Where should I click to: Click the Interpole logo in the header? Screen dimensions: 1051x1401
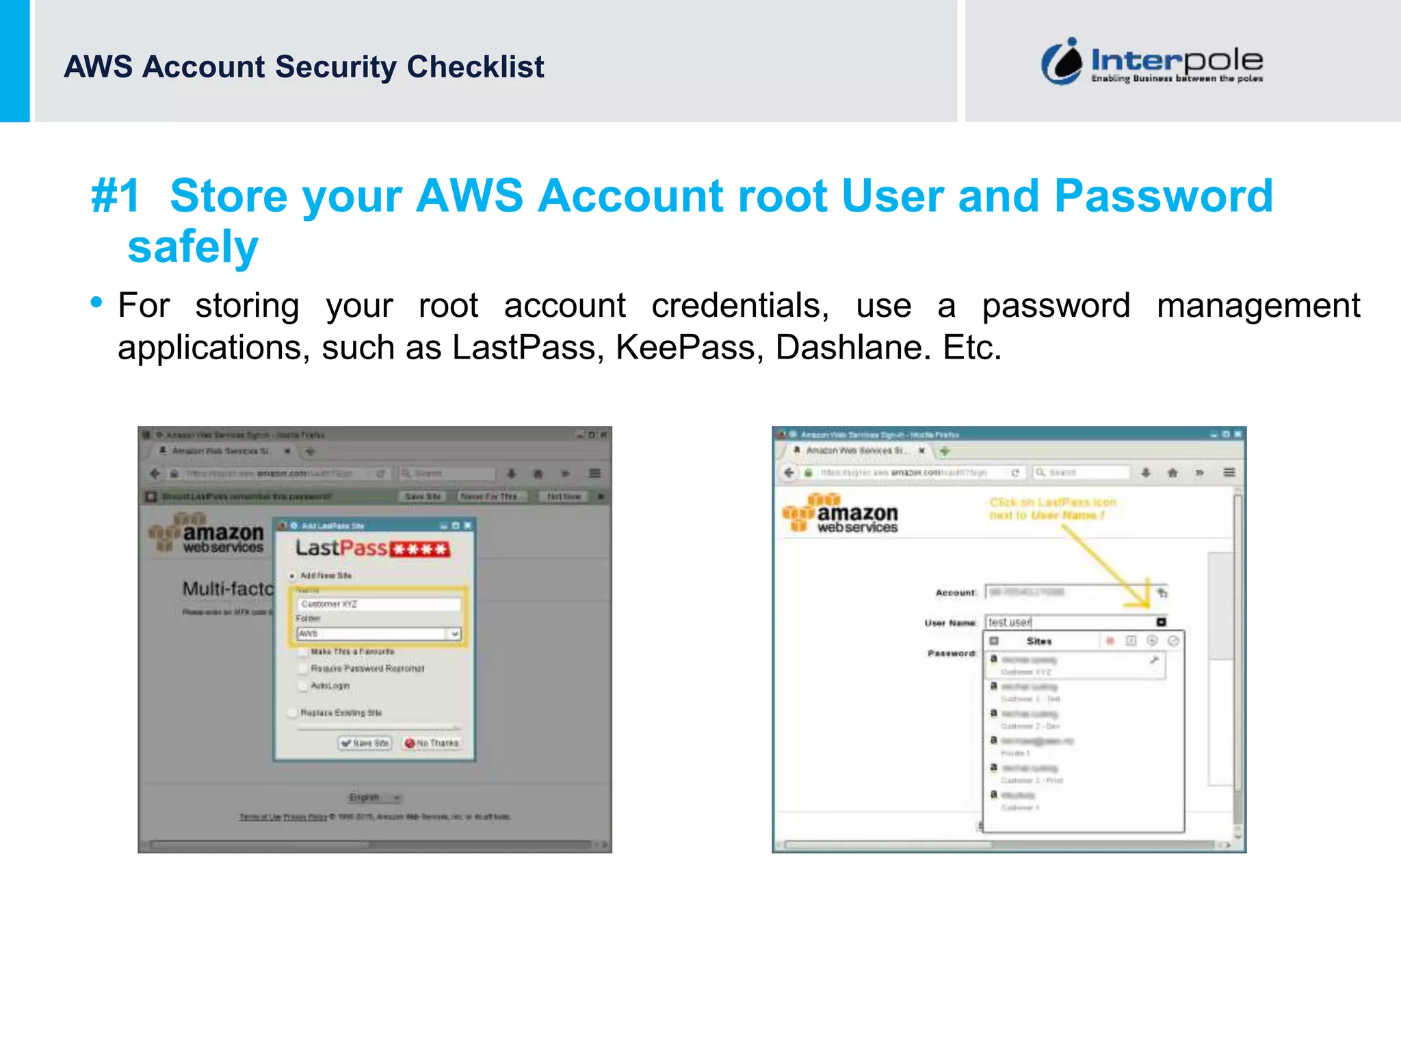(1152, 62)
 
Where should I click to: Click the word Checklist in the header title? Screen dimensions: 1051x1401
(475, 67)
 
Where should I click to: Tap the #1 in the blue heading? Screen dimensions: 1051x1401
(116, 196)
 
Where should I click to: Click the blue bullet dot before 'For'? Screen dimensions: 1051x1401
(96, 302)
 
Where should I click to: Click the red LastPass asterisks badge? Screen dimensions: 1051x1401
(420, 549)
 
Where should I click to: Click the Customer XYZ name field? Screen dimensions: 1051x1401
(378, 604)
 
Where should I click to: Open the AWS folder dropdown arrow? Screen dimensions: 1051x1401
(454, 634)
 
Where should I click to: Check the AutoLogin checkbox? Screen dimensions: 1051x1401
(303, 686)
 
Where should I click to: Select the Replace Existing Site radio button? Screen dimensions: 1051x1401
(293, 713)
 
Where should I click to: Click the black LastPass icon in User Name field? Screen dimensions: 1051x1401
(1161, 622)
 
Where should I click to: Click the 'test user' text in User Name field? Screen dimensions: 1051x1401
(1010, 622)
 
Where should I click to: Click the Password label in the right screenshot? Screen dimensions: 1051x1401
(951, 653)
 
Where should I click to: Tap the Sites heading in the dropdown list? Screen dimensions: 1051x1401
(1038, 641)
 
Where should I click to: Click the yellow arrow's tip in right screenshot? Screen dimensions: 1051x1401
(1148, 604)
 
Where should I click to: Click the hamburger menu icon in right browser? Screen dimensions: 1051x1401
(1229, 472)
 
